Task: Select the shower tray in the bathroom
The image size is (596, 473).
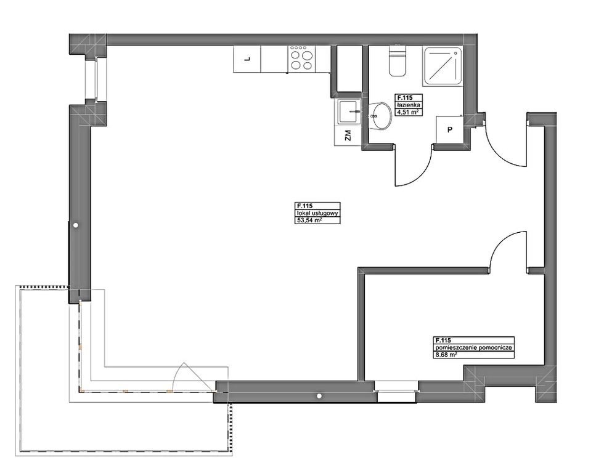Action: point(443,66)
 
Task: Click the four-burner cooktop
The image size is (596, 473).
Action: point(303,59)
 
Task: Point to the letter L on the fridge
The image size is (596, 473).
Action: point(247,59)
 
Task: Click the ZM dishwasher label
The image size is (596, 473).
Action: point(348,135)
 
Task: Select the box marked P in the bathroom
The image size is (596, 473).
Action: point(449,130)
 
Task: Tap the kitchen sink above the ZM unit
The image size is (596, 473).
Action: point(348,111)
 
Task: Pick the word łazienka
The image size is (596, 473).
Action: point(408,105)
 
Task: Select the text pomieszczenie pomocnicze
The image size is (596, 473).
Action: point(474,347)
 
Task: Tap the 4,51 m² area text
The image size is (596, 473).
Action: point(408,111)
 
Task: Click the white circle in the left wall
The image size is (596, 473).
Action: point(76,225)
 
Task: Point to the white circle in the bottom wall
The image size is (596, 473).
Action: point(319,396)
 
